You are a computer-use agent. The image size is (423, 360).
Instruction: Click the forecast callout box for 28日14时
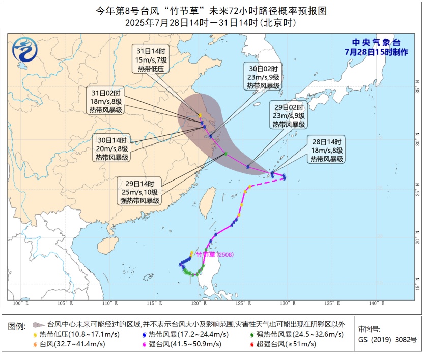pos(326,150)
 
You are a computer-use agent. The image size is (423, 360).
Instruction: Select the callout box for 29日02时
pos(288,116)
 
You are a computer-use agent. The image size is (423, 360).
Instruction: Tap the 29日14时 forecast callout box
pos(139,192)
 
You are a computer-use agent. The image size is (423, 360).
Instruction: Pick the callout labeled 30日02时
pos(263,77)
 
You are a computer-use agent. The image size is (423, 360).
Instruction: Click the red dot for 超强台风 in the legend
pos(252,344)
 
